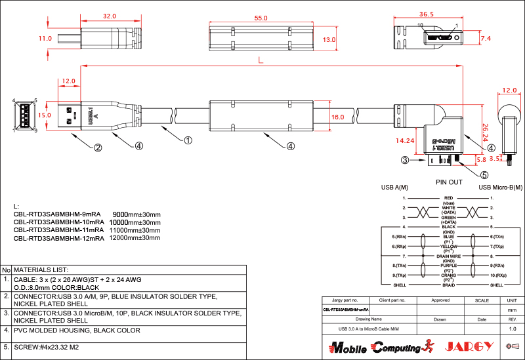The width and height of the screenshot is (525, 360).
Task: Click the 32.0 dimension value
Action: pyautogui.click(x=109, y=16)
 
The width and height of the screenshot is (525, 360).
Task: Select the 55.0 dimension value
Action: pyautogui.click(x=261, y=18)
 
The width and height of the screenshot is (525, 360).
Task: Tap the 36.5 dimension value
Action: pyautogui.click(x=427, y=14)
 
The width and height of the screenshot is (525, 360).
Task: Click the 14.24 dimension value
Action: pyautogui.click(x=404, y=140)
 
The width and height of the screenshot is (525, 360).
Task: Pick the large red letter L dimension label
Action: pyautogui.click(x=261, y=61)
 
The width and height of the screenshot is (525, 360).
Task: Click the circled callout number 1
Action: pyautogui.click(x=188, y=140)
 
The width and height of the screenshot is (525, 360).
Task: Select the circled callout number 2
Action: pyautogui.click(x=97, y=148)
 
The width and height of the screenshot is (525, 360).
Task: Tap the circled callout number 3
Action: pyautogui.click(x=406, y=160)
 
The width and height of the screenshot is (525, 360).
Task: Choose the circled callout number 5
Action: pyautogui.click(x=484, y=175)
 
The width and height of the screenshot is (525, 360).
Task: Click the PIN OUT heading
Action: pyautogui.click(x=449, y=182)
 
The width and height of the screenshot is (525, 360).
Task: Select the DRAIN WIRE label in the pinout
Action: pyautogui.click(x=449, y=255)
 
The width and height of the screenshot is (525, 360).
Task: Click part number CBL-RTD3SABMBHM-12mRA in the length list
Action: pyautogui.click(x=58, y=238)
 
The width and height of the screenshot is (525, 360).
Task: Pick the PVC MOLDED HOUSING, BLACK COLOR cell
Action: pyautogui.click(x=77, y=330)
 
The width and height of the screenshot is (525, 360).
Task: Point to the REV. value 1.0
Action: pyautogui.click(x=513, y=328)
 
